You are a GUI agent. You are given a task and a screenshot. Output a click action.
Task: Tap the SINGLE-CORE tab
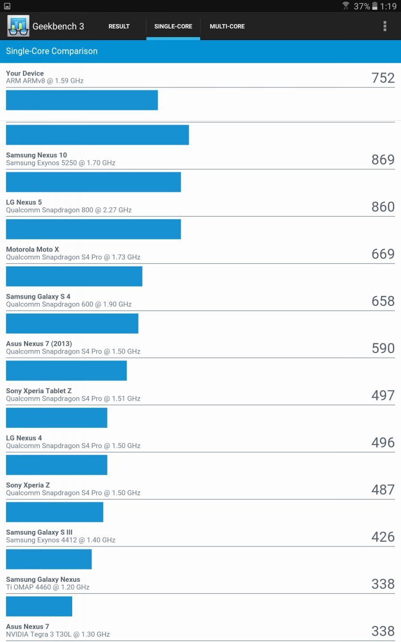(173, 26)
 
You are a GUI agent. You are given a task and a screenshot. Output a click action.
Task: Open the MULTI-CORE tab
(227, 26)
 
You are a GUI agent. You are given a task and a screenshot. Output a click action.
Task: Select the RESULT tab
(119, 26)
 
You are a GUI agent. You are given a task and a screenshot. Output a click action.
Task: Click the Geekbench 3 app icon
(18, 26)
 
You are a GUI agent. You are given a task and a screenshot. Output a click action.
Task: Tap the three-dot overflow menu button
(385, 26)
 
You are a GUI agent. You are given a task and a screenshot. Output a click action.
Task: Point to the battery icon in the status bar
(375, 6)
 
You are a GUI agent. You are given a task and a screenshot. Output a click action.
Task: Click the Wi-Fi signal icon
(346, 6)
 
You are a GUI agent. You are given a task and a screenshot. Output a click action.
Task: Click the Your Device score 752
(383, 78)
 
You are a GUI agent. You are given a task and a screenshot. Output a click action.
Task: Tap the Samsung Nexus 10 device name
(37, 155)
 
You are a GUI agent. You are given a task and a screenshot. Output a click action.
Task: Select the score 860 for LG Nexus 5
(383, 207)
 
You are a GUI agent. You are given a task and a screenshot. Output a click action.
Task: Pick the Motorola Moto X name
(33, 249)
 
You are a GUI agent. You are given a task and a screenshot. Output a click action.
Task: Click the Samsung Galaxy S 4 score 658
(383, 301)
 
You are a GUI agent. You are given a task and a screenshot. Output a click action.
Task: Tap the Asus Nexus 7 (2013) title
(39, 344)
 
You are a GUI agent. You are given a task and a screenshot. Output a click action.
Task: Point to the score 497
(383, 395)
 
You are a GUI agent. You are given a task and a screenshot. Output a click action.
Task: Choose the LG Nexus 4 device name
(24, 438)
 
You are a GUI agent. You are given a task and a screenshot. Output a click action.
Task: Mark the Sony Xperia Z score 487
(383, 490)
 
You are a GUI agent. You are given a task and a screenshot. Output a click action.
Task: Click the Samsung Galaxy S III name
(39, 532)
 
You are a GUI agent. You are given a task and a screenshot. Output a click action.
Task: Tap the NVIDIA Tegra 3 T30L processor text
(58, 634)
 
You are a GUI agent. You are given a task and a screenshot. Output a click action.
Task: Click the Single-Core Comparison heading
(52, 51)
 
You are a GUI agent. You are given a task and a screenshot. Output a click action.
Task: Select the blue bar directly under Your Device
(82, 100)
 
